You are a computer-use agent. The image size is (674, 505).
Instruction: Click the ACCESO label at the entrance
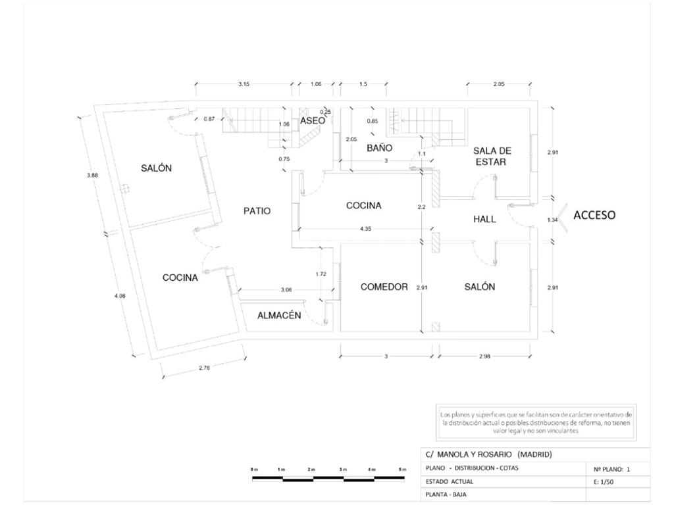594,215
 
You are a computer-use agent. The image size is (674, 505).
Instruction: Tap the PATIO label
257,211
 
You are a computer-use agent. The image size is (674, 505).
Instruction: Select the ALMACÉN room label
279,316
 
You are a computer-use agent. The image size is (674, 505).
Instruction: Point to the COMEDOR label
384,287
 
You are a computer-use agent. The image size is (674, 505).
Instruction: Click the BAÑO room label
380,149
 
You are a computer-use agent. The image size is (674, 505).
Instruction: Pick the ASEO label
312,121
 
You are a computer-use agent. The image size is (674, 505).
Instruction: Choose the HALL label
484,220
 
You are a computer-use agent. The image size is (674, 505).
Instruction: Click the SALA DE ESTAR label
492,156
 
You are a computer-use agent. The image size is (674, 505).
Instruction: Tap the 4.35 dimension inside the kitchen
369,229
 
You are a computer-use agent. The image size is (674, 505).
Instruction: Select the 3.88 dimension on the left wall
92,175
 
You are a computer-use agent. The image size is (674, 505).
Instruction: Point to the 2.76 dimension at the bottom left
204,368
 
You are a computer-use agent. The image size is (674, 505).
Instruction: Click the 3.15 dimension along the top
244,84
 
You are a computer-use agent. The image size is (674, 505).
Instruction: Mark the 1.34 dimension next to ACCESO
552,220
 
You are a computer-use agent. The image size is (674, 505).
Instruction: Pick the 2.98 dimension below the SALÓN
484,356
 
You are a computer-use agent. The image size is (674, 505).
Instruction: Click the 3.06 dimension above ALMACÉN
286,290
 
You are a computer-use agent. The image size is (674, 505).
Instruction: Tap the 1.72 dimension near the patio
321,274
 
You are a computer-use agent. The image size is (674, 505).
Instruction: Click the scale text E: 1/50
600,482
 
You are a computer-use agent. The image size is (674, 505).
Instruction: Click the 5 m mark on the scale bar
402,469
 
